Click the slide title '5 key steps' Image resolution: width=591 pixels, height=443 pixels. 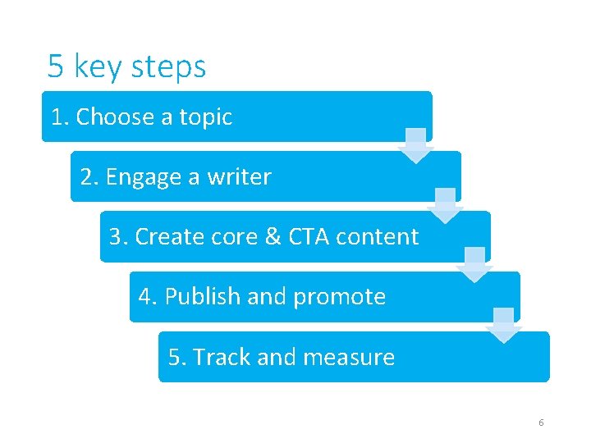[x=126, y=66]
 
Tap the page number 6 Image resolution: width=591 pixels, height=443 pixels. [x=541, y=422]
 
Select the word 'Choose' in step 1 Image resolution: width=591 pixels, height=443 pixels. [x=116, y=117]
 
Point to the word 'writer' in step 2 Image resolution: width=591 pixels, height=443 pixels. [x=239, y=177]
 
